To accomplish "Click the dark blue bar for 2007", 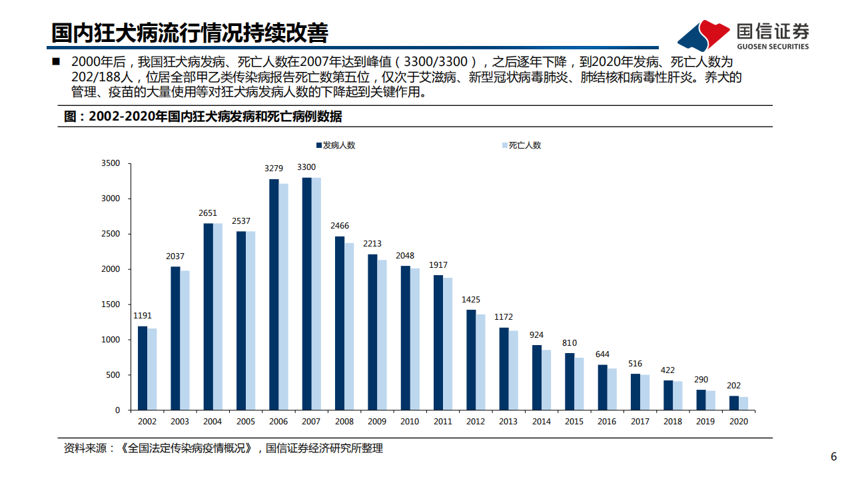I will coord(306,294).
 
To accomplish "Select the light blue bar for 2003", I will coord(185,340).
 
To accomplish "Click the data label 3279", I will coord(274,168).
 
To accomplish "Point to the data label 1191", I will coord(143,315).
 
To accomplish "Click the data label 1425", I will coord(470,300).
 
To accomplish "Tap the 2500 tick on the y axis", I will coord(111,234).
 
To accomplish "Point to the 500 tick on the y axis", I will coord(113,375).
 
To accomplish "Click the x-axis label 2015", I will coord(574,422).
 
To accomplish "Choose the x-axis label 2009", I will coord(376,422).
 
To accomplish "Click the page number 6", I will coord(833,457).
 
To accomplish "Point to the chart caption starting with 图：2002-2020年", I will coord(203,117).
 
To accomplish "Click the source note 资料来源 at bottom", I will coord(223,448).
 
